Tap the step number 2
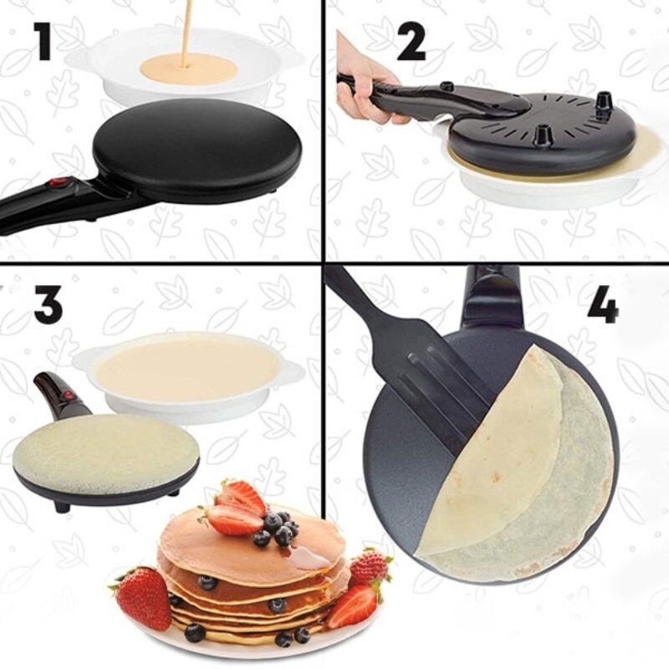[411, 43]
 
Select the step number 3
[48, 304]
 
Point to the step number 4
[602, 304]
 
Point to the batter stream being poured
[186, 32]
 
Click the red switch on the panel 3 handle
[68, 396]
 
